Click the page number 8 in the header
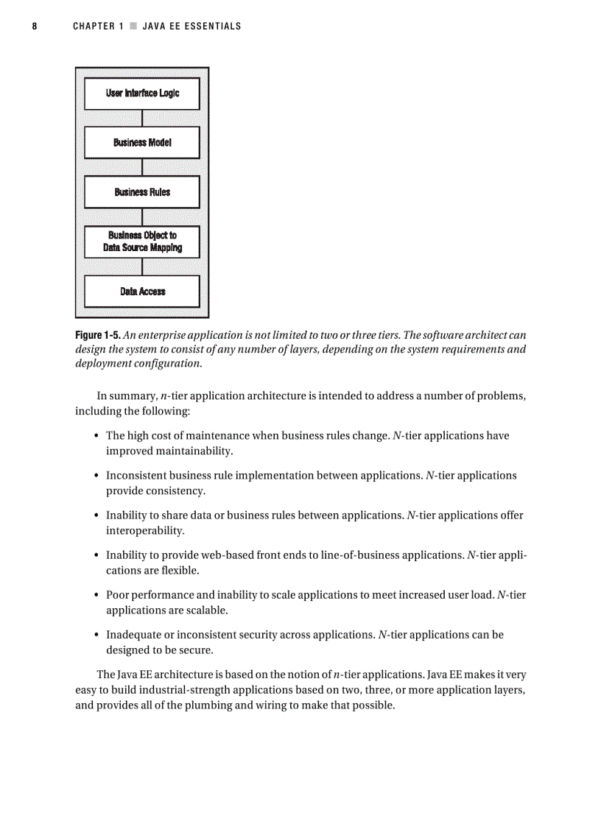coord(35,27)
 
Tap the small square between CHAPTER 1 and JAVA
coord(133,27)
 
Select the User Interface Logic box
coord(142,94)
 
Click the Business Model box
coord(142,143)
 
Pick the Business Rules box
coord(142,192)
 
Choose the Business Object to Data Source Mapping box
coord(142,242)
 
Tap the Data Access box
coord(142,292)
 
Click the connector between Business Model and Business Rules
coord(142,168)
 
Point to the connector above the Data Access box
coord(142,267)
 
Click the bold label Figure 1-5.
coord(98,335)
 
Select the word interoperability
coord(145,530)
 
